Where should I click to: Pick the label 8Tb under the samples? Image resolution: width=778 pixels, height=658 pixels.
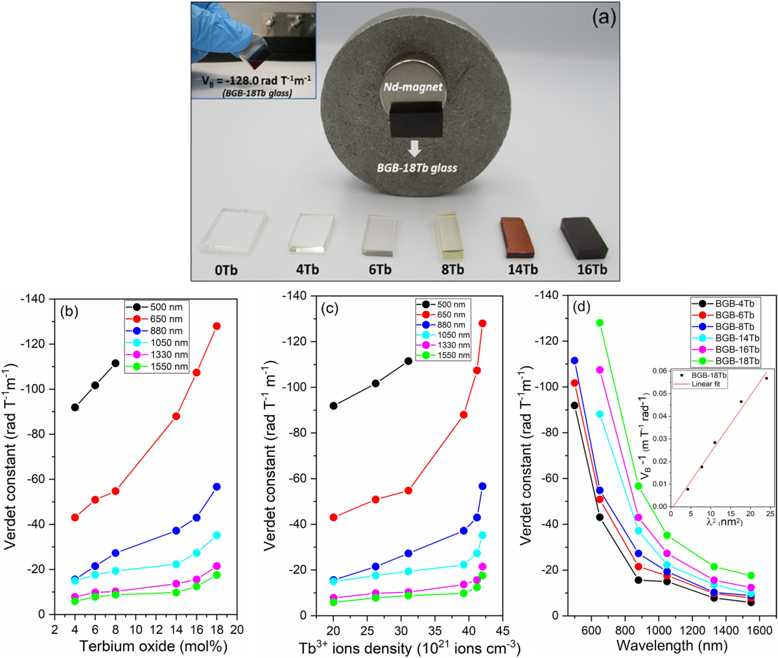coord(452,270)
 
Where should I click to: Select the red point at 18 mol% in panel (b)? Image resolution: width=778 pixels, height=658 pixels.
coord(217,326)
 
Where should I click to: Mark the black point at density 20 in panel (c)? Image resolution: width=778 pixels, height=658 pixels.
coord(333,406)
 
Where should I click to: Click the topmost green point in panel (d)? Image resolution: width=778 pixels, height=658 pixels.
coord(600,323)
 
